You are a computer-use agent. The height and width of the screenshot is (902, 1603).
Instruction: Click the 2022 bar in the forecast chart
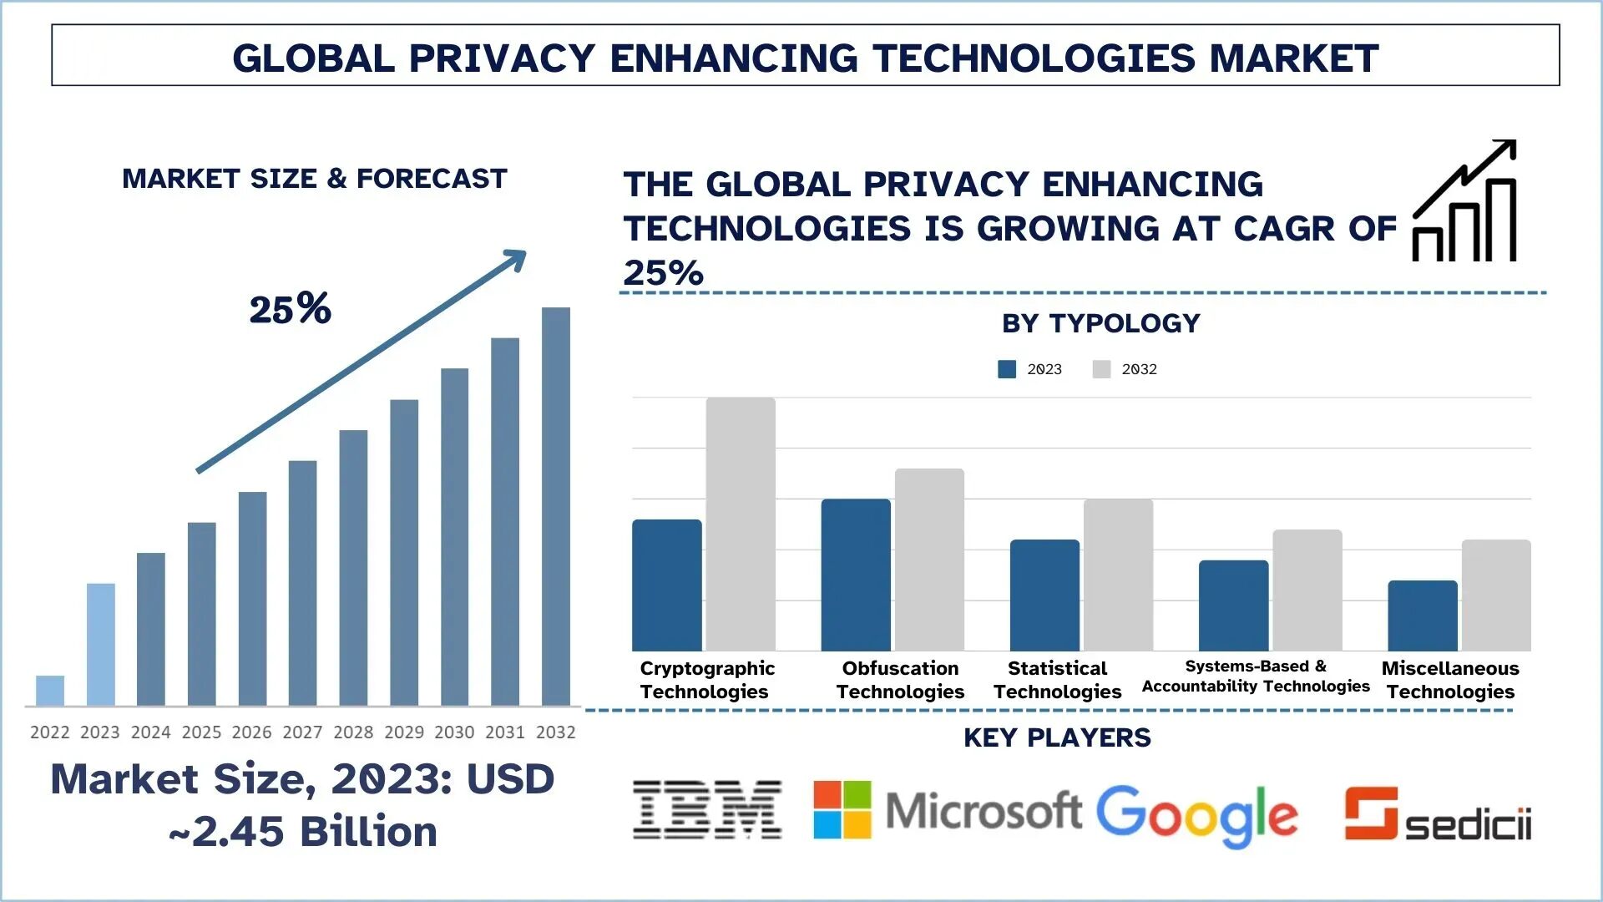coord(50,691)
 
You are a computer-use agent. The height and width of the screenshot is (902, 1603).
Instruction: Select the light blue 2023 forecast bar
coord(100,645)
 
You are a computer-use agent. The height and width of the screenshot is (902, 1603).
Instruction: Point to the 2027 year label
coord(302,732)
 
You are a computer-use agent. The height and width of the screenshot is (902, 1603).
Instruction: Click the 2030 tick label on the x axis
coord(454,732)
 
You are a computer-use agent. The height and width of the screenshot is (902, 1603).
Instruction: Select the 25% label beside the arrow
coord(290,309)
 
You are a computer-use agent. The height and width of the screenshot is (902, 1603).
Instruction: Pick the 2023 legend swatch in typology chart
coord(1007,369)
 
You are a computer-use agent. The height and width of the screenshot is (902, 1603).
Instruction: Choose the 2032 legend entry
coord(1125,369)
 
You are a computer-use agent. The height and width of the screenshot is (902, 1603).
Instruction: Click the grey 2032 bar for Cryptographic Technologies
coord(741,524)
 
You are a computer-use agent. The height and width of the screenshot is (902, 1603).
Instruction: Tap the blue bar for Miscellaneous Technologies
coord(1423,616)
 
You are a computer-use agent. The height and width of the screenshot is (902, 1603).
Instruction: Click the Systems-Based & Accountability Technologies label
coord(1256,676)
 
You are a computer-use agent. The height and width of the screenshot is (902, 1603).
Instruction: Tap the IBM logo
coord(707,810)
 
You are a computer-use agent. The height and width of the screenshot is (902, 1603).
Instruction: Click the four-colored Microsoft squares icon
coord(842,810)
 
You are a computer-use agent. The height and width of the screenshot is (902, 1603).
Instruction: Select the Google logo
coord(1196,814)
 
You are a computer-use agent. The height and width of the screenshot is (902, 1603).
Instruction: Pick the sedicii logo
coord(1438,814)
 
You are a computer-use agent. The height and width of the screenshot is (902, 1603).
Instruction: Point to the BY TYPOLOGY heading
coord(1100,323)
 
